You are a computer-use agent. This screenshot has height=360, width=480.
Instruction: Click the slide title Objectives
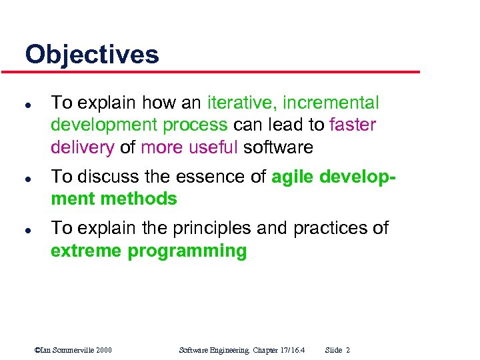pyautogui.click(x=92, y=54)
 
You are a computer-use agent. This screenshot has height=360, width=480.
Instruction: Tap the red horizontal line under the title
pyautogui.click(x=220, y=72)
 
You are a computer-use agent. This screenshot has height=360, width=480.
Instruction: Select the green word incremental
pyautogui.click(x=331, y=103)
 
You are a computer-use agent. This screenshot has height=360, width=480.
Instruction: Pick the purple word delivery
pyautogui.click(x=83, y=147)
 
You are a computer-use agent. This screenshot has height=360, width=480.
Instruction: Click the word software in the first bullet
pyautogui.click(x=278, y=147)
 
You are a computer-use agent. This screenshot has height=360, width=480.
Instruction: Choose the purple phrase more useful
pyautogui.click(x=189, y=147)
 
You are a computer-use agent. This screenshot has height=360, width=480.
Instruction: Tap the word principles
pyautogui.click(x=206, y=228)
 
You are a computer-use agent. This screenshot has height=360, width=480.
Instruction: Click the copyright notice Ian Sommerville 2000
pyautogui.click(x=73, y=350)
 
